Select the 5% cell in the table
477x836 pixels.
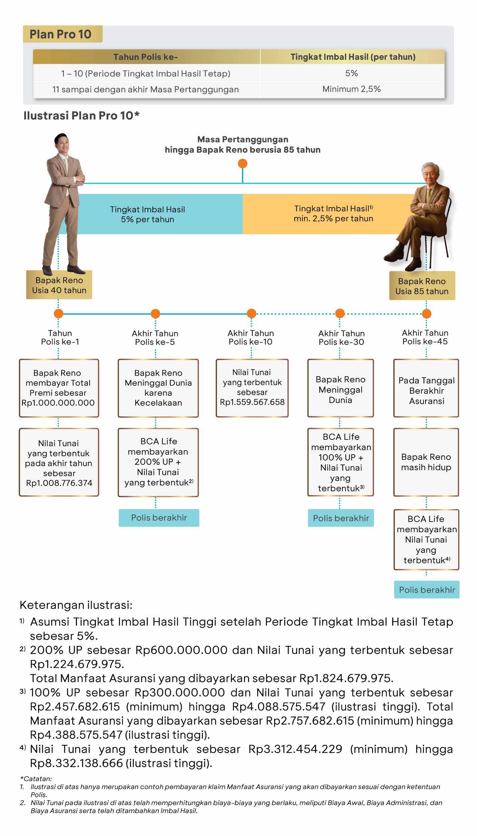[x=352, y=73]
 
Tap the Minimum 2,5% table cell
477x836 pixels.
[x=352, y=89]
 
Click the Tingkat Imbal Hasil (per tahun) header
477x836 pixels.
[x=353, y=57]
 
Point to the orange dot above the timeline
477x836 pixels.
[x=242, y=164]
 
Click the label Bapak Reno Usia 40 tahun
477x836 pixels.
[x=59, y=285]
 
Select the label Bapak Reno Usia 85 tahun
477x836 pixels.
[x=422, y=286]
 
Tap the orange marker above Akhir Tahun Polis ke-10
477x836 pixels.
[x=251, y=313]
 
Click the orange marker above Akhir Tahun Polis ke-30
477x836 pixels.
[x=340, y=313]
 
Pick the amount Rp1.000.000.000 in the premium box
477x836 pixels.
[x=58, y=403]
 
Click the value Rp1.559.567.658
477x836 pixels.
[x=252, y=402]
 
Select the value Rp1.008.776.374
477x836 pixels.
[x=59, y=483]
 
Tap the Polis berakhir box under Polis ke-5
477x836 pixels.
[x=159, y=518]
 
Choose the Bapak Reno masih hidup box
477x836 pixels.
[x=426, y=462]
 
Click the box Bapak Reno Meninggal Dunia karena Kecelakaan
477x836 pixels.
[x=158, y=388]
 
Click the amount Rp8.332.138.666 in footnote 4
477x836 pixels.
[x=76, y=763]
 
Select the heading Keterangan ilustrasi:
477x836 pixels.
[x=76, y=605]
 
